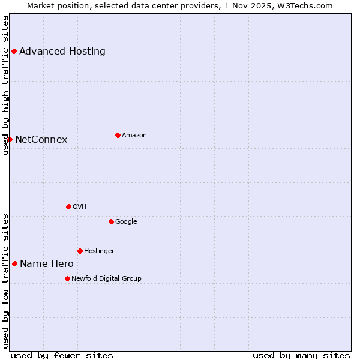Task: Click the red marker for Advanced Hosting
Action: (x=14, y=51)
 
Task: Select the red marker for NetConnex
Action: (x=10, y=139)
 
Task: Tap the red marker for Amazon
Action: (x=118, y=135)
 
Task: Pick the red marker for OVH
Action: (x=68, y=206)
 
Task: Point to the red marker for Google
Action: (x=111, y=221)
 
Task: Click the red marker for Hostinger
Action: (x=80, y=251)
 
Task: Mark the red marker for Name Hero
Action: (x=14, y=263)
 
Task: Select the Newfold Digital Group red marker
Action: (x=67, y=278)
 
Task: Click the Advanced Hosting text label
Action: (x=62, y=51)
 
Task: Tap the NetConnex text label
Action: (x=41, y=140)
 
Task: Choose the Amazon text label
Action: (x=134, y=135)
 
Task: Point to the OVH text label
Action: (x=80, y=206)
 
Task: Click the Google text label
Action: (x=126, y=221)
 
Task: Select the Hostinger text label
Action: (x=99, y=251)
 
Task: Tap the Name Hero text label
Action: (x=47, y=264)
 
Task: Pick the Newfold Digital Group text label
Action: (x=106, y=278)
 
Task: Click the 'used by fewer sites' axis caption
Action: (x=62, y=355)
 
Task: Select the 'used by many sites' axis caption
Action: (x=301, y=355)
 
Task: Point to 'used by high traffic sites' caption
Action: (x=5, y=85)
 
